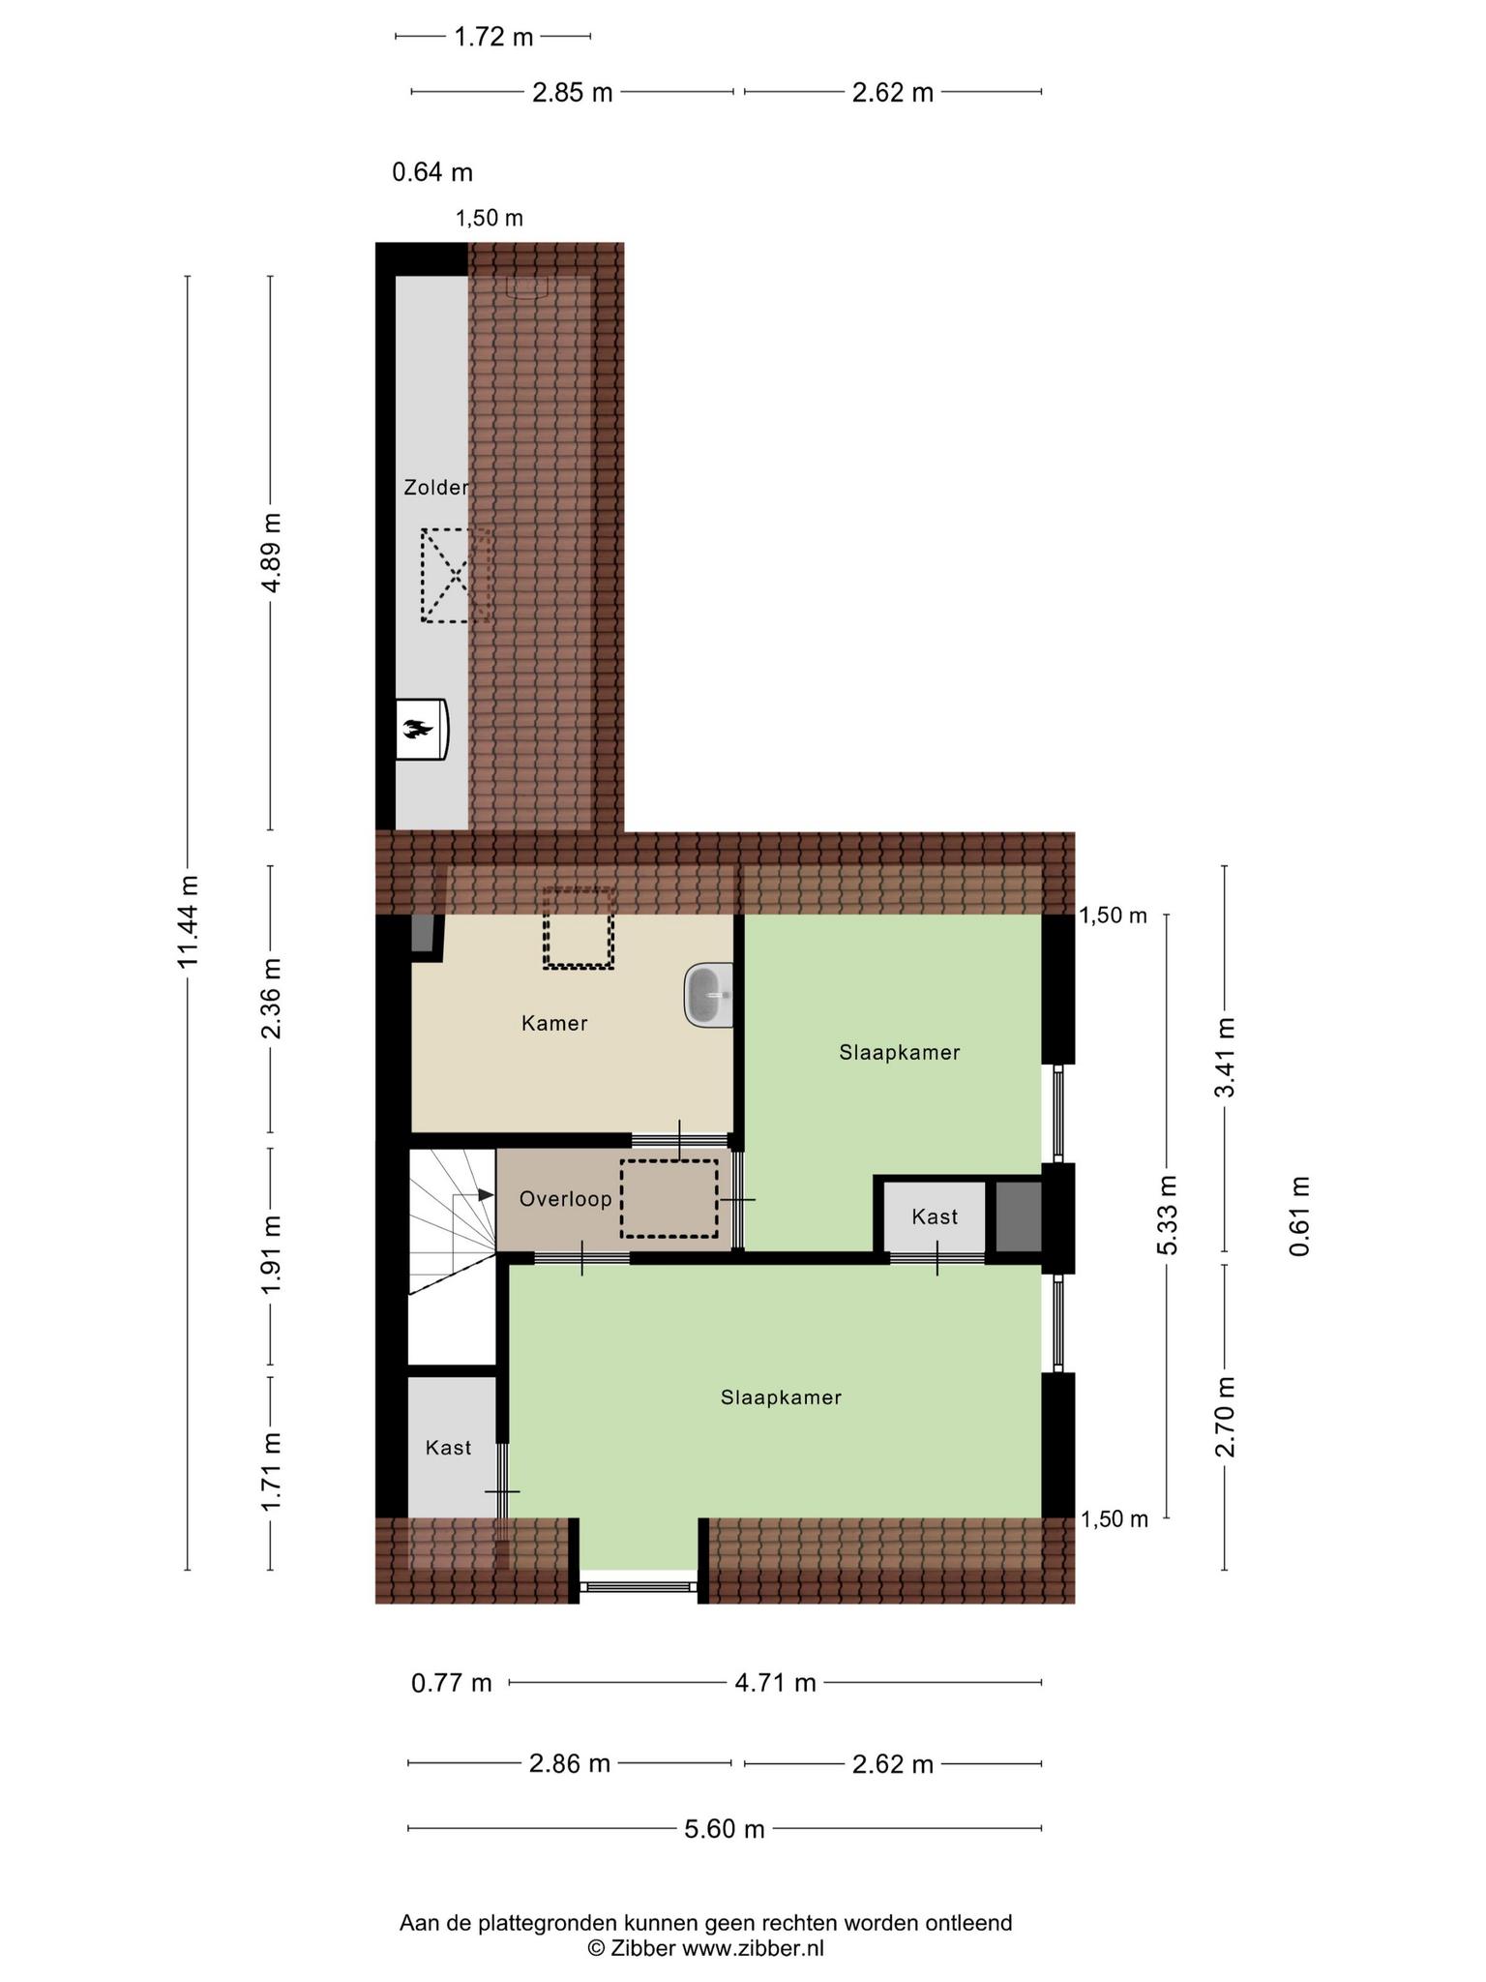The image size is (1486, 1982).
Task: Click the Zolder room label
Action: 436,488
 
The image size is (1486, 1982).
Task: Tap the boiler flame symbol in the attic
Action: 418,730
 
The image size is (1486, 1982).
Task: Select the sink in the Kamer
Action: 708,995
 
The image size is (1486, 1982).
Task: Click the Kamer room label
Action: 554,1023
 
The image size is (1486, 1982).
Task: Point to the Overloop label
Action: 566,1199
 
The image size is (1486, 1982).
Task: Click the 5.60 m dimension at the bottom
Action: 725,1828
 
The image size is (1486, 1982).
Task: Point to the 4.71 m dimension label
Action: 776,1683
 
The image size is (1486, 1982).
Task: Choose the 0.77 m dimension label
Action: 452,1683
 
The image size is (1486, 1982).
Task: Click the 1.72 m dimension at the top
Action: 493,37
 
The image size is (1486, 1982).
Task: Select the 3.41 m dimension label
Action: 1226,1057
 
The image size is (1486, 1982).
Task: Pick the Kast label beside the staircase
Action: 449,1448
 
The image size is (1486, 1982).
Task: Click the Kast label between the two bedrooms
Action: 935,1216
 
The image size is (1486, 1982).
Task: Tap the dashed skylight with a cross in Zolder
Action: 456,575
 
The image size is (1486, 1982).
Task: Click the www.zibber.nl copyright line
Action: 706,1949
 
